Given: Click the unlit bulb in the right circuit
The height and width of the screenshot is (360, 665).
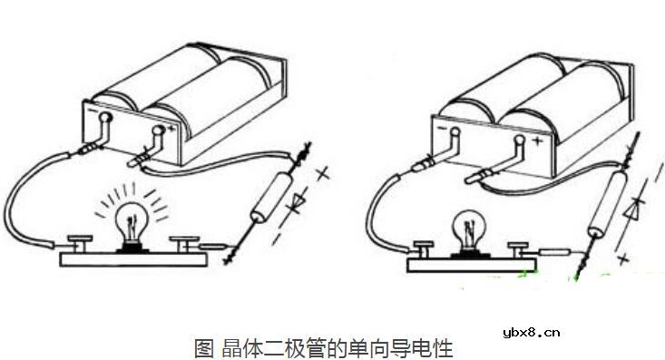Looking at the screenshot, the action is (469, 229).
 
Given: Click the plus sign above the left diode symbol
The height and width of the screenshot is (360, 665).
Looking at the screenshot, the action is (323, 171).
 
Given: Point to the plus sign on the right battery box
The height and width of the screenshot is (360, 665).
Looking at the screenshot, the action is (537, 143).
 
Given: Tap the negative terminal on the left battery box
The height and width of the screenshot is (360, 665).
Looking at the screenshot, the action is (105, 118).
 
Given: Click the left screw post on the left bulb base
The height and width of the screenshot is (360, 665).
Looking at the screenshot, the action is (78, 242).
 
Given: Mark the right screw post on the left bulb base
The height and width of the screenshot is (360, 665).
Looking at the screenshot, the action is (186, 242).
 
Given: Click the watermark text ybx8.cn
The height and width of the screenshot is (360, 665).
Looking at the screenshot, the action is (536, 331).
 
